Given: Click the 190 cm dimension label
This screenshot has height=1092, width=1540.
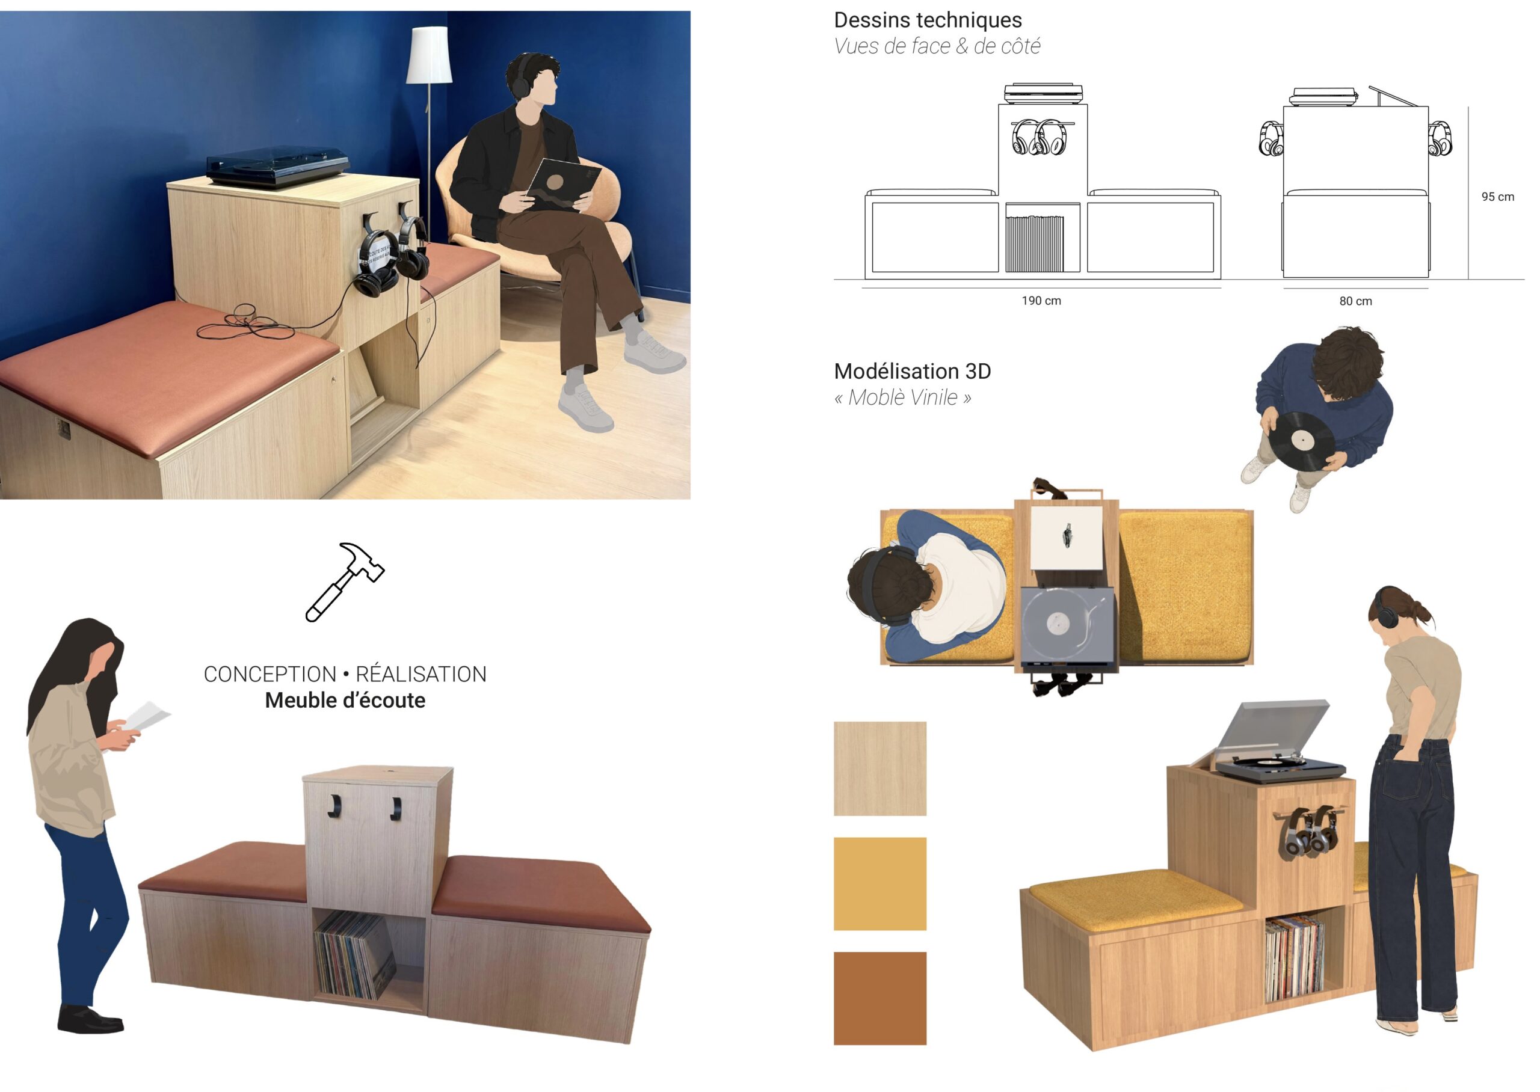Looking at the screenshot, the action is [x=1041, y=301].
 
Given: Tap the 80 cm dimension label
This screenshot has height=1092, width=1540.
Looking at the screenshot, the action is [x=1355, y=301].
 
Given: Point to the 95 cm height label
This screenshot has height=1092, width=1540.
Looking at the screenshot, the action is [x=1498, y=197].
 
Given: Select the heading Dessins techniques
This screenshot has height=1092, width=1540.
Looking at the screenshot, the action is [x=928, y=20].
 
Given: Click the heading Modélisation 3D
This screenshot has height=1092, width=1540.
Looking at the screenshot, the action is [x=912, y=371].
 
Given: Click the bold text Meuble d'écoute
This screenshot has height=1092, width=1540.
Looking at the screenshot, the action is [x=345, y=701].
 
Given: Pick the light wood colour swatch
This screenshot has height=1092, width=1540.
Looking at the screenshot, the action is [x=879, y=768].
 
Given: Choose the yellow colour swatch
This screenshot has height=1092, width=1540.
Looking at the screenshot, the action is [x=879, y=883].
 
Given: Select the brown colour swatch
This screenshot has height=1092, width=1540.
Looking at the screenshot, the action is [x=879, y=999].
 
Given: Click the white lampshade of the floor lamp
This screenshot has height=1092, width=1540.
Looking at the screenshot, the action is [x=428, y=55].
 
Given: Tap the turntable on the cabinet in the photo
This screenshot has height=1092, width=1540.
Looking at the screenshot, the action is [x=277, y=165].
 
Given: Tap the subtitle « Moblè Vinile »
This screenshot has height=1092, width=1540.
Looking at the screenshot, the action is [x=902, y=398].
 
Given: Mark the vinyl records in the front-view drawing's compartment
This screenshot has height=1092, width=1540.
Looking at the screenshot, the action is [x=1034, y=243].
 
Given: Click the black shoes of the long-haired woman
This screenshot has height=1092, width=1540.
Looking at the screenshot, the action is [x=90, y=1019].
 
